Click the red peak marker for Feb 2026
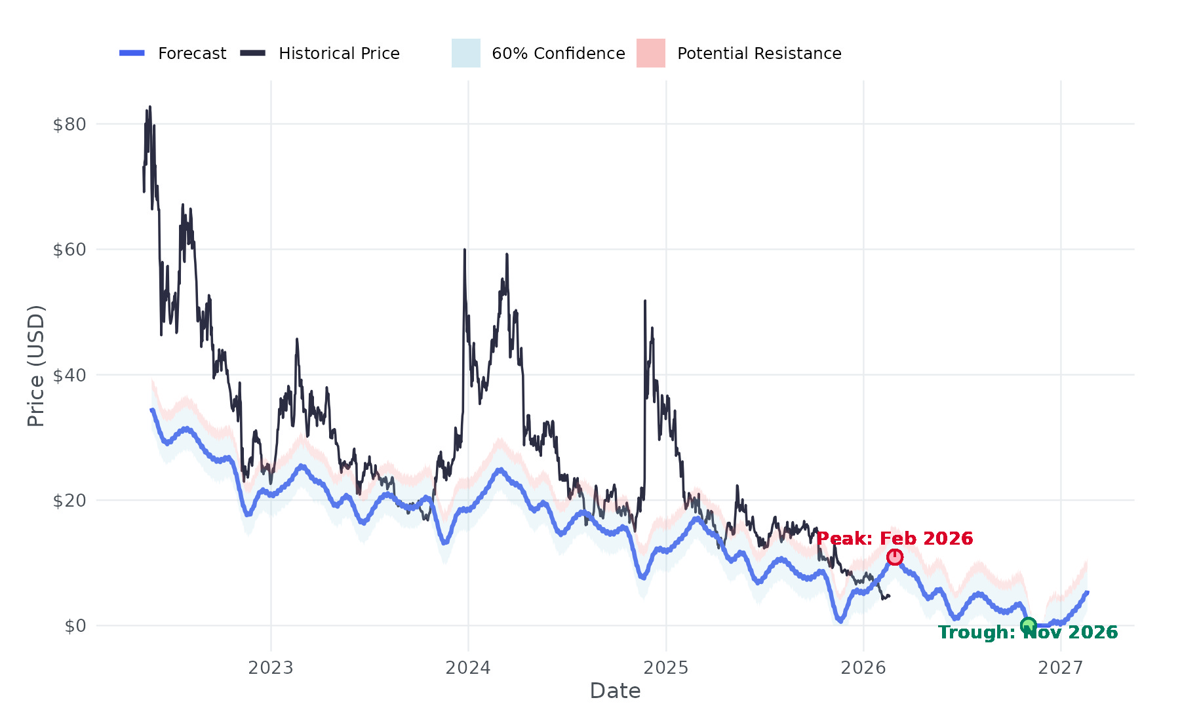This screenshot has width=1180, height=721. coord(895,557)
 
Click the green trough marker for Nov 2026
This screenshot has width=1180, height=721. coord(1028,625)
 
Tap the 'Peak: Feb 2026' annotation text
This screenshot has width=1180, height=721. coord(895,539)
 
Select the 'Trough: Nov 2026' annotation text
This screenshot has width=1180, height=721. coord(1028,633)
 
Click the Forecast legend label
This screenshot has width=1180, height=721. coord(192,54)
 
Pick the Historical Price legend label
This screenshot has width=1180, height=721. coord(339,54)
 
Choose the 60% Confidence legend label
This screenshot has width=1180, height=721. coord(559,54)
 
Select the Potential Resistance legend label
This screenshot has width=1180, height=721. coord(759,54)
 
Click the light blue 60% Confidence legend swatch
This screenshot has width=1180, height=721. coord(466,53)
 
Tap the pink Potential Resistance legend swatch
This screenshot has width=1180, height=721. coord(651,53)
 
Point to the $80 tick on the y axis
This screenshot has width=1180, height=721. coord(69,125)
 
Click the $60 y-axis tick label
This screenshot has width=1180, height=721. coord(69,250)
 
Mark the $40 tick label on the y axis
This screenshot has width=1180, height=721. coord(69,376)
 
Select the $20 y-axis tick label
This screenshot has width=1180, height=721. coord(69,501)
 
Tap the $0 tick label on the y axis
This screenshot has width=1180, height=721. coord(75,626)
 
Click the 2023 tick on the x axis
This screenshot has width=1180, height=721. coord(271,668)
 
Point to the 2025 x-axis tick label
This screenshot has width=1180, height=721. coord(666,668)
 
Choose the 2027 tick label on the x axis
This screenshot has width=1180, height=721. coord(1061,668)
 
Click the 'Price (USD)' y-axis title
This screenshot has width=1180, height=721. coord(36,366)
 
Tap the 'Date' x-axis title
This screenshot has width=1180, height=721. coord(615,691)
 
